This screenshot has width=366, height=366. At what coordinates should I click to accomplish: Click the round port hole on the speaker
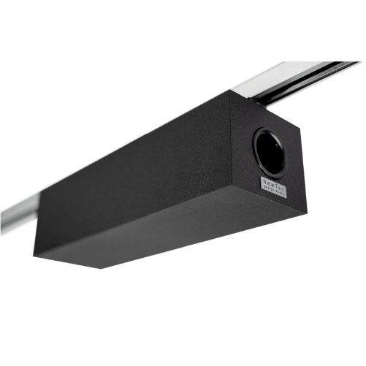(272, 151)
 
